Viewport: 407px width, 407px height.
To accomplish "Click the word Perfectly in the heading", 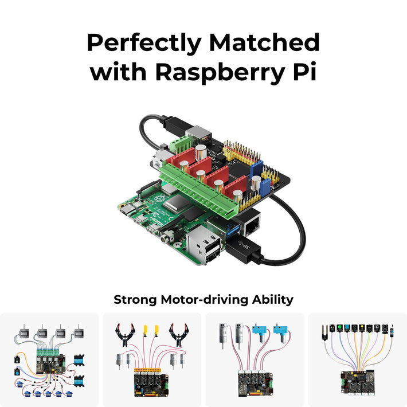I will point(144,43).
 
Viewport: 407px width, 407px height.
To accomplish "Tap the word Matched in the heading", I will point(264,43).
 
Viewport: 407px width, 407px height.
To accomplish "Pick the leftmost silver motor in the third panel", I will point(221,335).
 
